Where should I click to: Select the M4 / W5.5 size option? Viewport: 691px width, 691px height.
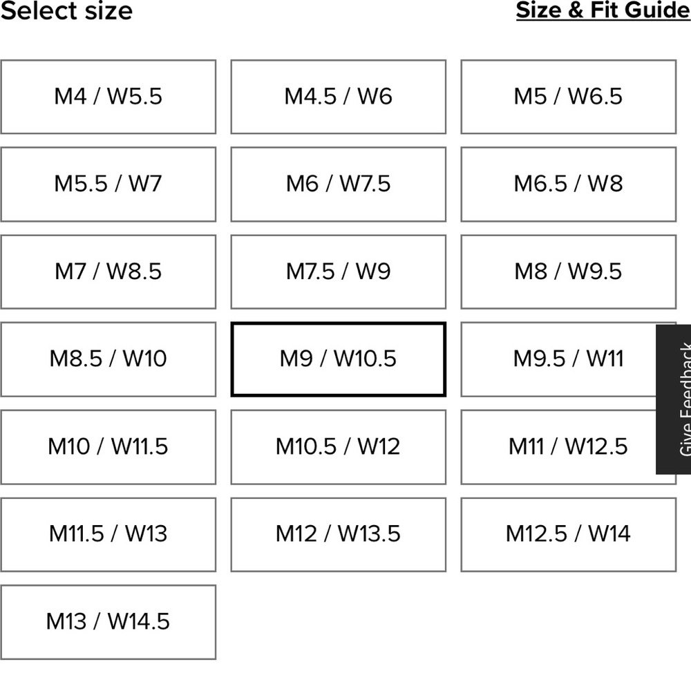(108, 97)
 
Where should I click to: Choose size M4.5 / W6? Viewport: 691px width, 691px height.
(339, 97)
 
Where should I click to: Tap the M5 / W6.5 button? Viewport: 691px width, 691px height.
(569, 97)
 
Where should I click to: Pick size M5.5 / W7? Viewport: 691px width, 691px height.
(108, 184)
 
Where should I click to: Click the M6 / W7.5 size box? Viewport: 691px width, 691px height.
(339, 184)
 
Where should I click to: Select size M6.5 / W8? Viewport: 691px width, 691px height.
(569, 184)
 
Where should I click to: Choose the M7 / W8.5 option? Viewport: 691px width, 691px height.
(108, 272)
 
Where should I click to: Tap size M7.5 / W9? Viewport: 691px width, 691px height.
(339, 272)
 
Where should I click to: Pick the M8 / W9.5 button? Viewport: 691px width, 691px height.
(569, 272)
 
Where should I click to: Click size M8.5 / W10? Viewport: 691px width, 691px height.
(108, 359)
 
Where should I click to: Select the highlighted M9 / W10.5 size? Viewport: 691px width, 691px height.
(339, 359)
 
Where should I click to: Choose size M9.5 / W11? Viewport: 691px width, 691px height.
(559, 359)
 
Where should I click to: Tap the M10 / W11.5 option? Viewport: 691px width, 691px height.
(108, 447)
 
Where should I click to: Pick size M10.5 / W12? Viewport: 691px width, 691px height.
(339, 447)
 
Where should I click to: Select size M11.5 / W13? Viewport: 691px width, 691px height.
(108, 535)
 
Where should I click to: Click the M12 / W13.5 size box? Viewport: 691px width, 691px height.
(339, 535)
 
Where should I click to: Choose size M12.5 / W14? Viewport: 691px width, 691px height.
(569, 535)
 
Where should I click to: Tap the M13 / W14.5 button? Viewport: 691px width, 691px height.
(108, 622)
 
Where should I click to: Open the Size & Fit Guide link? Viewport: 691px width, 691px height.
(603, 10)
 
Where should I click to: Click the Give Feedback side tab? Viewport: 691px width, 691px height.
(673, 399)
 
